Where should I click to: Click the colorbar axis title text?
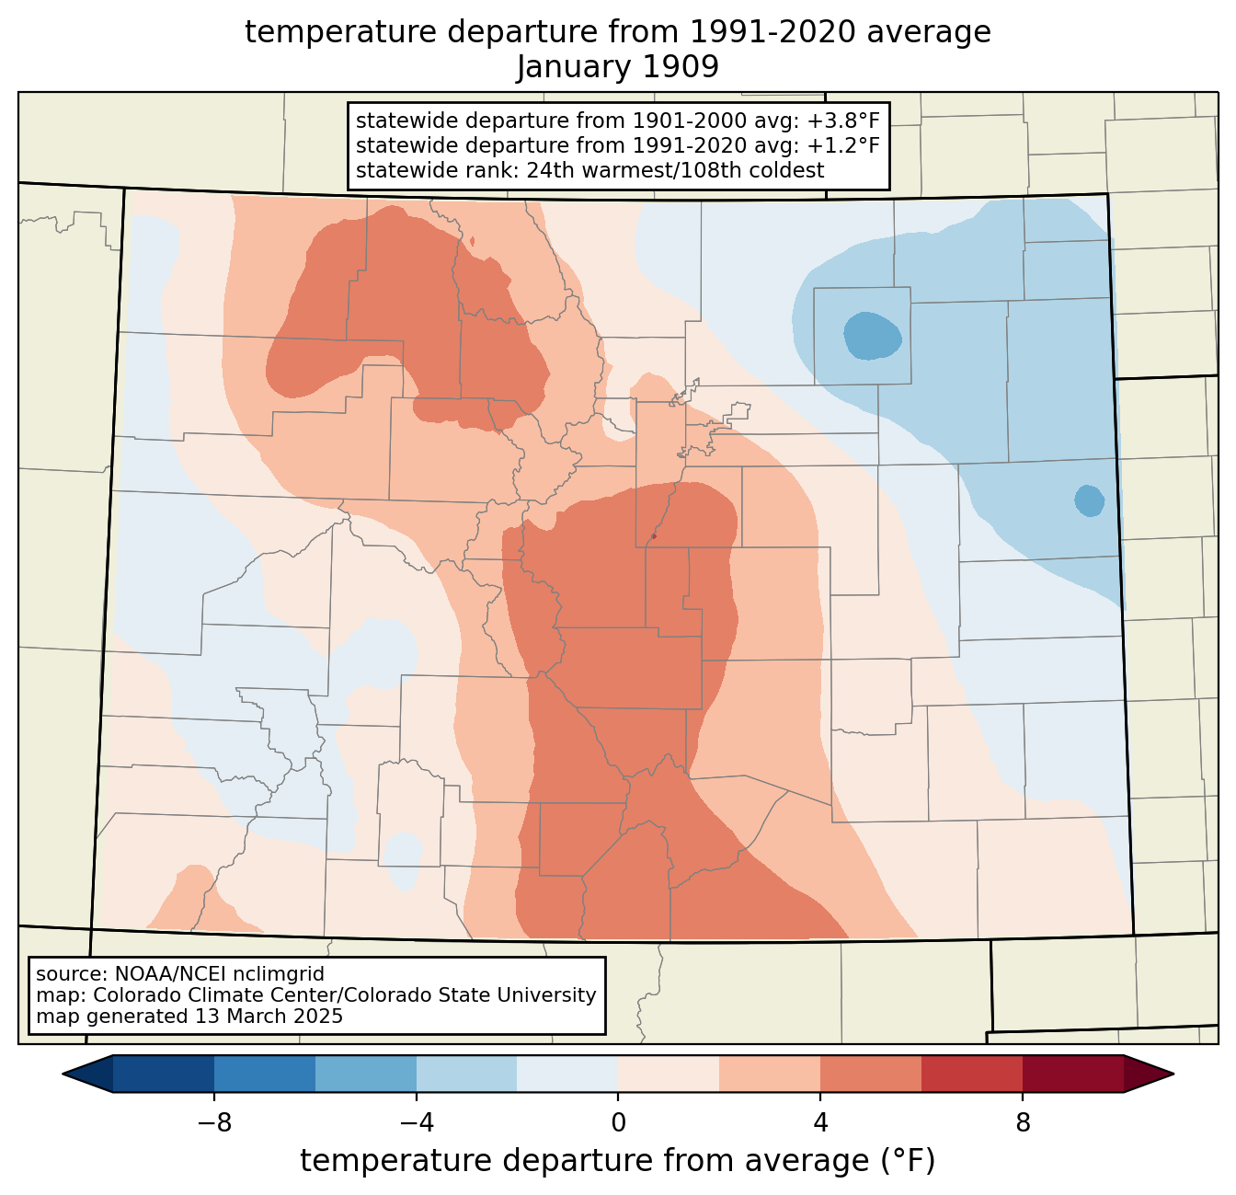pyautogui.click(x=617, y=1161)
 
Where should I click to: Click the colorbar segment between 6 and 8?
pyautogui.click(x=972, y=1074)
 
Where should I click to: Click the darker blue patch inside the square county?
pyautogui.click(x=872, y=336)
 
